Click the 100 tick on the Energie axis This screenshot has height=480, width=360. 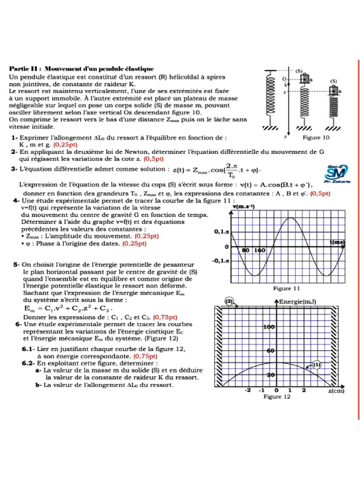point(269,327)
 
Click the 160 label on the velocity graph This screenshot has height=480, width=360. point(260,250)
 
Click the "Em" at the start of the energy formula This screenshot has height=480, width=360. point(29,309)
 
